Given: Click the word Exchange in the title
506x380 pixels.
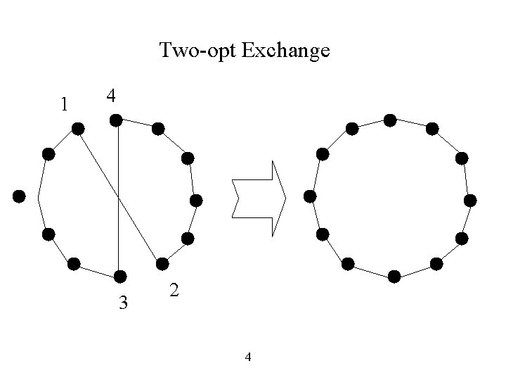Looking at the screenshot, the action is pos(285,51).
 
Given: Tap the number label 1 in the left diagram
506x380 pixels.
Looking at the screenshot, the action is pos(64,105).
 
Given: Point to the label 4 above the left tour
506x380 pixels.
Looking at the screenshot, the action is pos(111,95).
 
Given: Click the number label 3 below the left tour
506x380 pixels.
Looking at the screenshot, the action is pos(123,303).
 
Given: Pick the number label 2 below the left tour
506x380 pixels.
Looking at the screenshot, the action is pos(174,290).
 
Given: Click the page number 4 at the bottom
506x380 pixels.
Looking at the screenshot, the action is pos(247,357).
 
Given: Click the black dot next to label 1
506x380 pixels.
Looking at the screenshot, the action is pos(78,129).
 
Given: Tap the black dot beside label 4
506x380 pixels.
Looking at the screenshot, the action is pos(117,121).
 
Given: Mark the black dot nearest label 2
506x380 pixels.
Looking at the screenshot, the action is pos(162,264).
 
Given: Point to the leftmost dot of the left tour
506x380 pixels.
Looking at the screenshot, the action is pos(19,195).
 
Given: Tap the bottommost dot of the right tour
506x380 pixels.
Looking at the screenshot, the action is pos(394,276).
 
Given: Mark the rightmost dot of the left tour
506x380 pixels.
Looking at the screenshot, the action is pos(196,201).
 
